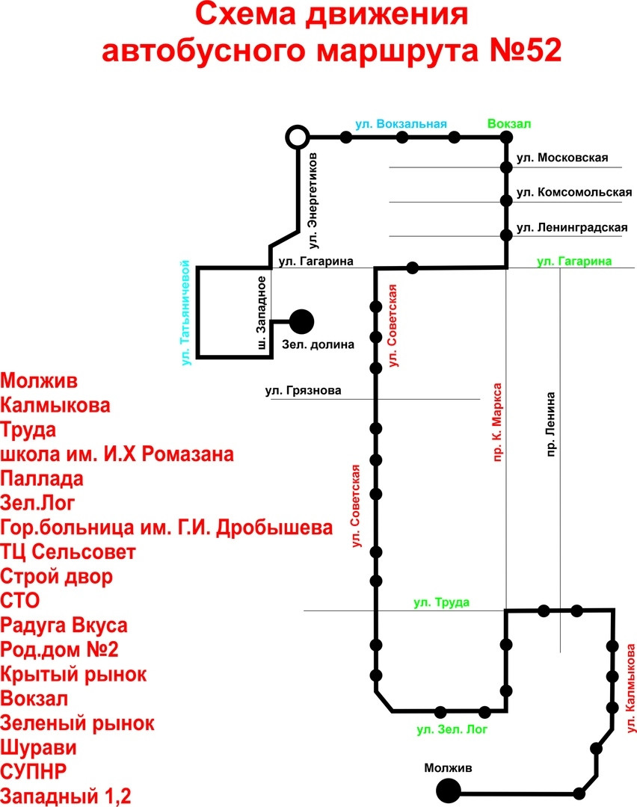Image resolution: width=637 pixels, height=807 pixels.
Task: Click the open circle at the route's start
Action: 298,137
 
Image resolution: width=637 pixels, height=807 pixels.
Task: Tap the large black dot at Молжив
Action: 449,791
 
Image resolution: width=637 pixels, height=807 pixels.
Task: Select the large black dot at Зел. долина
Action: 301,321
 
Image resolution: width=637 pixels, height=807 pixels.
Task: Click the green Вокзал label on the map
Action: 506,124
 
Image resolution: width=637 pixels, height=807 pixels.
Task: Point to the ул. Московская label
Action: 562,158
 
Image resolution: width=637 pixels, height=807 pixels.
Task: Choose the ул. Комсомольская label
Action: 574,192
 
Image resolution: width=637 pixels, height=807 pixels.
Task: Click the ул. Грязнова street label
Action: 303,390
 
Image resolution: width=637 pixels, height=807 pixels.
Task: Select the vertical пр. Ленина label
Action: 552,424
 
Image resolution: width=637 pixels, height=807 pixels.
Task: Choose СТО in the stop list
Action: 19,601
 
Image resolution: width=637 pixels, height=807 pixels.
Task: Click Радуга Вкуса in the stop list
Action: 64,625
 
